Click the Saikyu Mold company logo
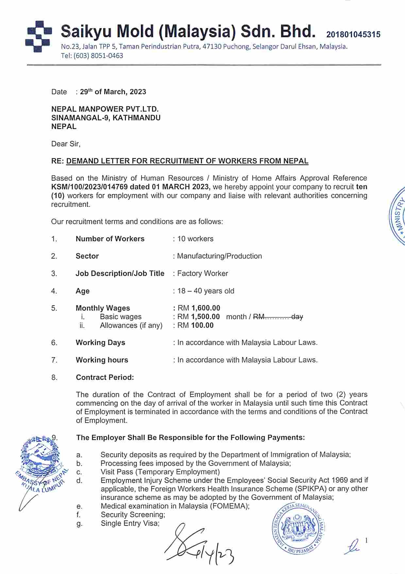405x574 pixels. pos(38,36)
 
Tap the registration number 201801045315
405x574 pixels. pos(353,34)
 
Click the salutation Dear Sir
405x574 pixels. pos(65,144)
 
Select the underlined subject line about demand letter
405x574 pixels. pos(187,161)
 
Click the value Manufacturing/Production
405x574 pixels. pos(219,256)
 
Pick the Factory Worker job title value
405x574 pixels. pos(202,273)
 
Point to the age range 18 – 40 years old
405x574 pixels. pos(206,291)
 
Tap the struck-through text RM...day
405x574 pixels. pos(278,317)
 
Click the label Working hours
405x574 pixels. pos(102,360)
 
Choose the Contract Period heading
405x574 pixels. pos(105,377)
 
